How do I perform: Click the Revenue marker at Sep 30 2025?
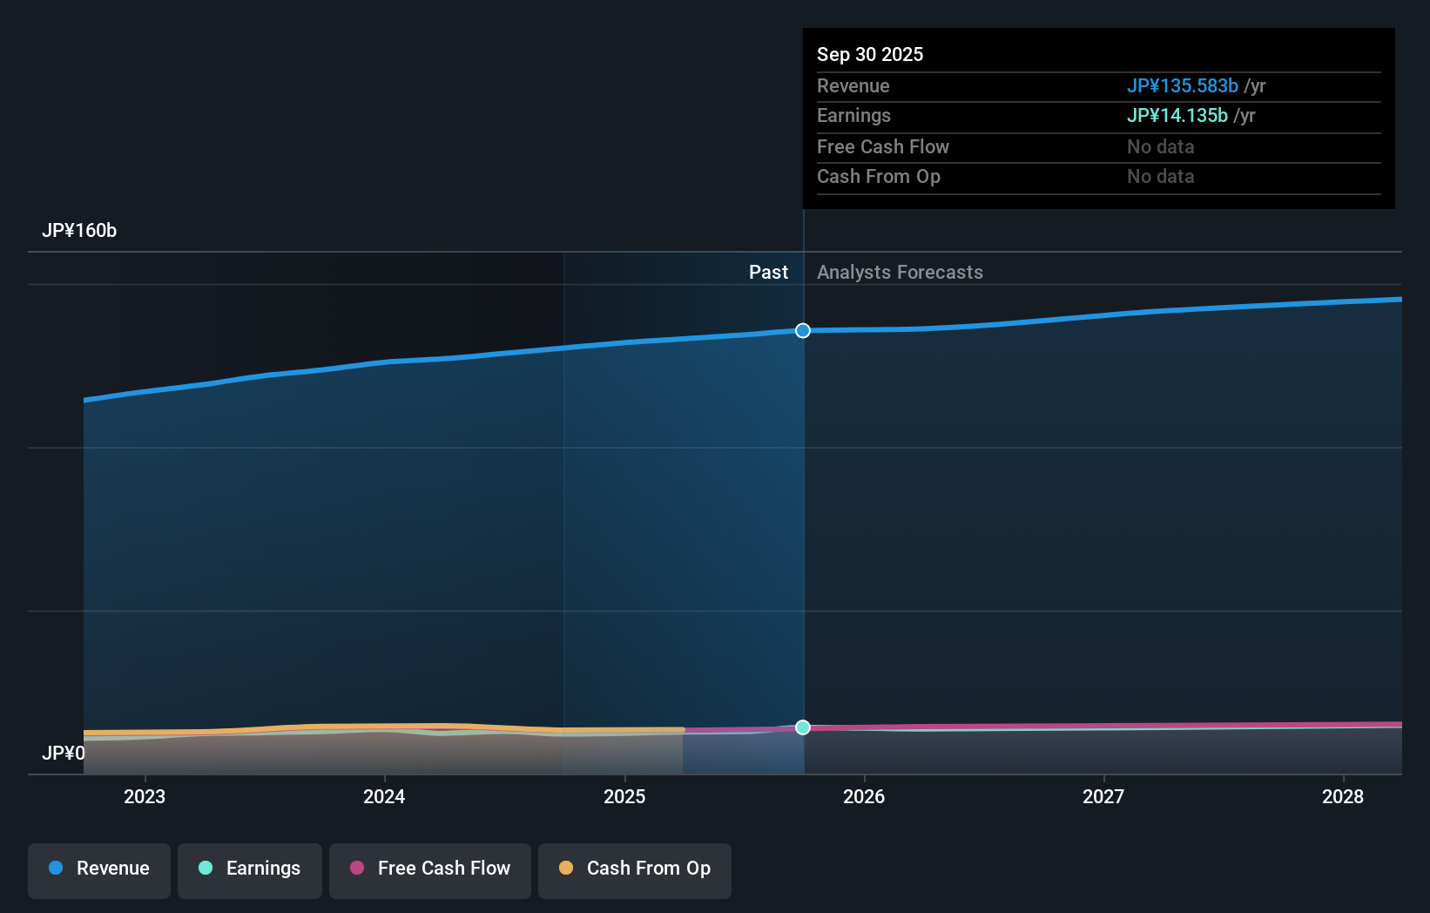click(x=803, y=330)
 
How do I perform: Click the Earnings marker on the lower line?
click(x=803, y=727)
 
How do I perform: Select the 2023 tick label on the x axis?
click(x=145, y=796)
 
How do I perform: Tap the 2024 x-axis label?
click(x=384, y=796)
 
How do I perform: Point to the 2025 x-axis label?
click(x=624, y=796)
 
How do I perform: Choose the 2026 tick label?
click(x=864, y=796)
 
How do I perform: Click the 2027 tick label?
click(x=1103, y=796)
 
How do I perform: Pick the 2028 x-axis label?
click(x=1343, y=796)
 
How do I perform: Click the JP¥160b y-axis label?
click(x=79, y=230)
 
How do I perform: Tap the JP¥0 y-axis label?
click(x=64, y=753)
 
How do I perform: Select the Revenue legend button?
click(x=99, y=869)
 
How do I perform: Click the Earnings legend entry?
click(x=250, y=869)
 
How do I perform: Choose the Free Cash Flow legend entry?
click(x=430, y=869)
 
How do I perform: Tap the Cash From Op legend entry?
click(x=635, y=869)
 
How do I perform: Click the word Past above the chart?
click(x=768, y=272)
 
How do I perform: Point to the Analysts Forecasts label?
click(x=900, y=272)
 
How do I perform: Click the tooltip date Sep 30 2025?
click(x=870, y=54)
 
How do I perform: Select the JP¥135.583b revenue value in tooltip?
click(x=1182, y=85)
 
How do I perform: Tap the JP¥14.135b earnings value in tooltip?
click(x=1177, y=115)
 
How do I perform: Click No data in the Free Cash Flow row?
click(x=1160, y=146)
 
